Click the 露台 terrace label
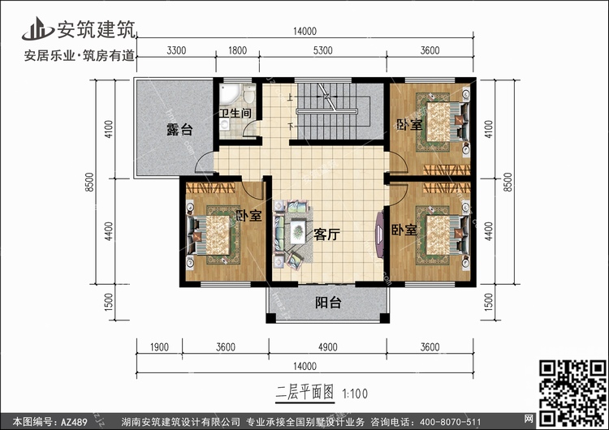(179, 129)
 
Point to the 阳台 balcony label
(328, 303)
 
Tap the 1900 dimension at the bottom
(159, 348)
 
